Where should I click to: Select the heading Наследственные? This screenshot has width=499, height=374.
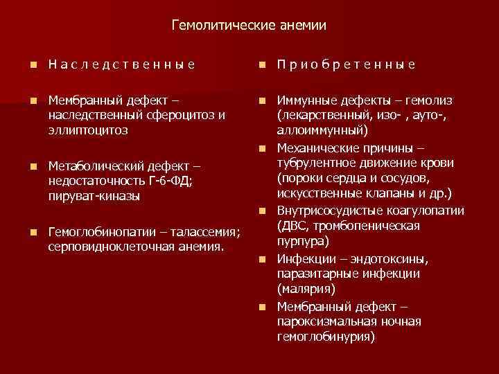tap(121, 64)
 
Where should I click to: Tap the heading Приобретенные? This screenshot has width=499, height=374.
tap(346, 64)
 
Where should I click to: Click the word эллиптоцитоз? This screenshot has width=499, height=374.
tap(87, 130)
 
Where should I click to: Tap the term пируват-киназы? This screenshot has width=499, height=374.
tap(94, 196)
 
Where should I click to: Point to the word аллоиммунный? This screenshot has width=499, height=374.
tap(318, 130)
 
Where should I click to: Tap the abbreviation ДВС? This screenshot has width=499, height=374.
tap(294, 226)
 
